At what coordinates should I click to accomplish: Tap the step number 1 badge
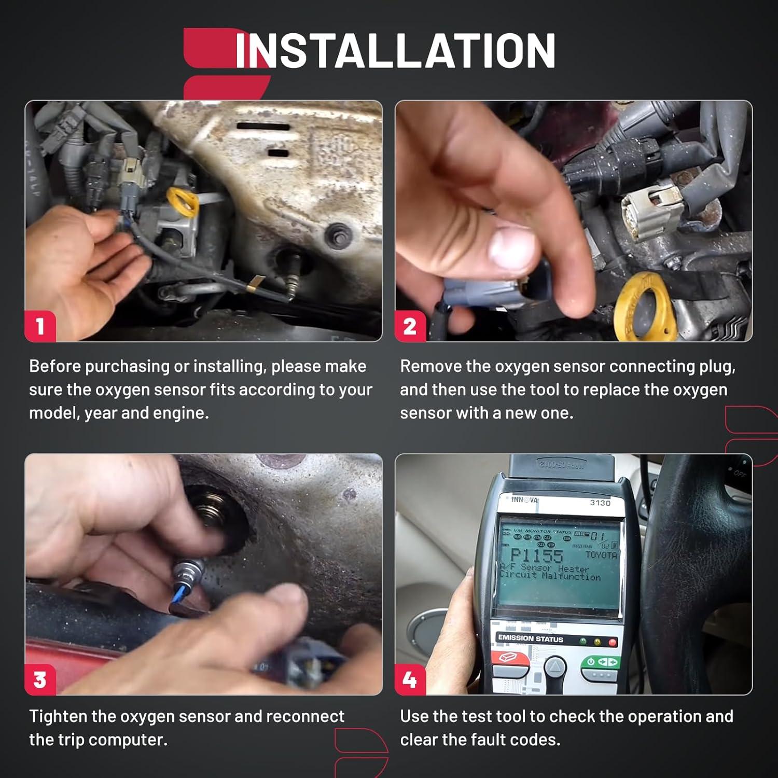40,326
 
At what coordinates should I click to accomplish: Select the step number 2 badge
410,326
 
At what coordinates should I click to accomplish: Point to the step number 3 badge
40,679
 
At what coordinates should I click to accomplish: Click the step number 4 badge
410,679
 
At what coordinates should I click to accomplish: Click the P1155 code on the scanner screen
536,556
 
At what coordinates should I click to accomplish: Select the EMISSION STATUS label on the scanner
530,638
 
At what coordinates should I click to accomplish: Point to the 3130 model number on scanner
600,503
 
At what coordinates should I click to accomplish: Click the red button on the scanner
510,659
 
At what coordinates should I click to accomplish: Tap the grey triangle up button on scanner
555,666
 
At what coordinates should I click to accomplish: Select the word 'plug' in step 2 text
716,366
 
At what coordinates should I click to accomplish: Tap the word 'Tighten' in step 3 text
58,716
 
